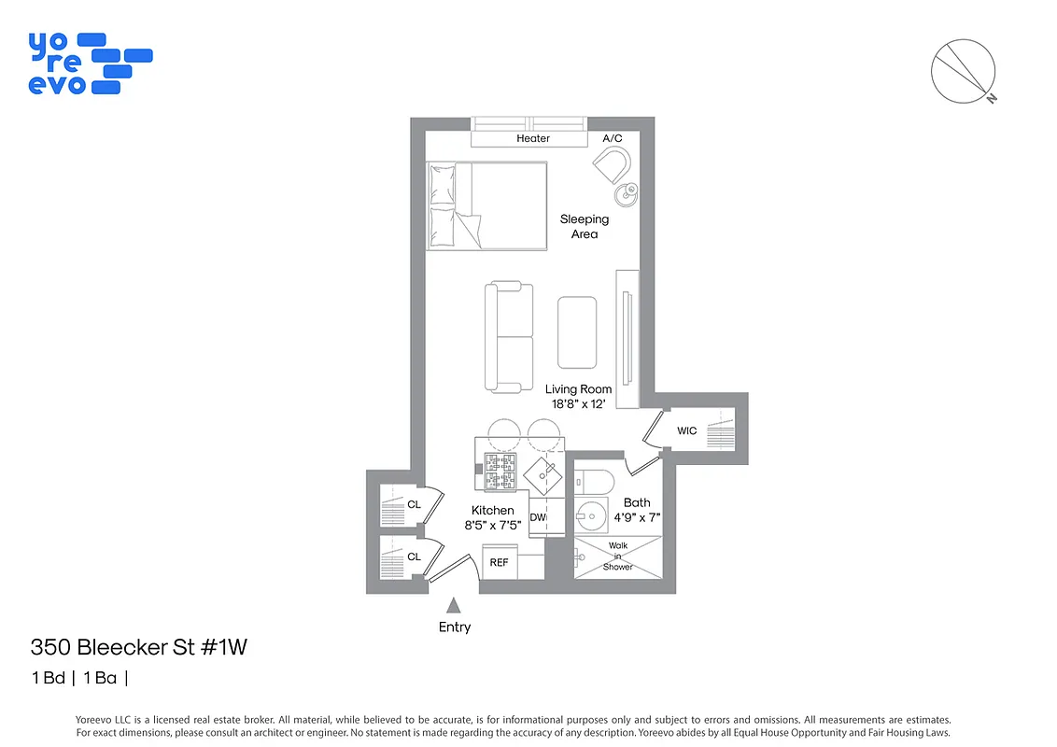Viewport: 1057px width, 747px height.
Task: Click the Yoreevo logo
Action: coord(89,63)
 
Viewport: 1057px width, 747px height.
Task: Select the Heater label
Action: coord(533,138)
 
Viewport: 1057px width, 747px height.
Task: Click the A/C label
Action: coord(613,138)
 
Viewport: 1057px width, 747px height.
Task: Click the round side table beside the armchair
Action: coord(626,193)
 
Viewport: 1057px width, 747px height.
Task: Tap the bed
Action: coord(486,205)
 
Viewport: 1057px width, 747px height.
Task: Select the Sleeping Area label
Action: coord(585,226)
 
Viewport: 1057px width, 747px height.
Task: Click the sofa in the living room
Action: coord(508,337)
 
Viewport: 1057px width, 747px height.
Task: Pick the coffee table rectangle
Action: coord(577,332)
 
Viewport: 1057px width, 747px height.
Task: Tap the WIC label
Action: coord(687,430)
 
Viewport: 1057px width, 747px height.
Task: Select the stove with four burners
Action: coord(499,472)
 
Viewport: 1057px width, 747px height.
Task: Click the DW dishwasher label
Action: coord(537,516)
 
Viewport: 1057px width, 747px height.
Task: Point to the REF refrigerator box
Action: coord(500,562)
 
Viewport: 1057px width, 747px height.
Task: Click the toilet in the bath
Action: coord(593,482)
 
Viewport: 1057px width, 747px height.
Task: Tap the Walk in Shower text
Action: coord(617,556)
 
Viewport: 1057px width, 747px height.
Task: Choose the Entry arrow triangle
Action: coord(454,605)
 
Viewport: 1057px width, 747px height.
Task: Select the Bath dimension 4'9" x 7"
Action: coord(637,517)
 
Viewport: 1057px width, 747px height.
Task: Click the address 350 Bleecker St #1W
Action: coord(138,647)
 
